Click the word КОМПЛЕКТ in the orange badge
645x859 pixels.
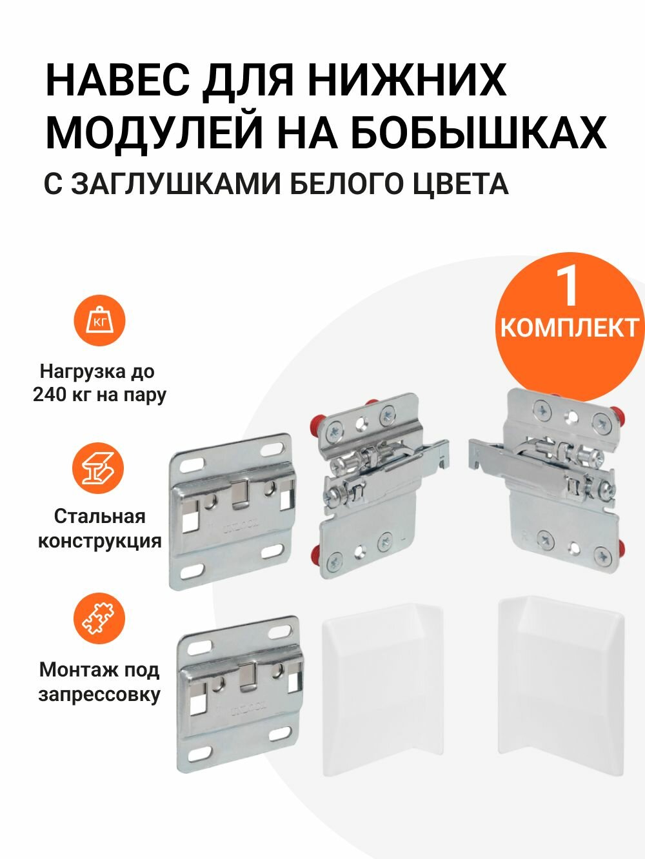(569, 328)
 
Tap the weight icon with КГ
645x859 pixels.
(99, 321)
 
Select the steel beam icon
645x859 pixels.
(99, 469)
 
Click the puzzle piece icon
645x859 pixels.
(99, 618)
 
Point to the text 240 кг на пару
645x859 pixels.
(99, 395)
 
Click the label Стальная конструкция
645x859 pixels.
(99, 528)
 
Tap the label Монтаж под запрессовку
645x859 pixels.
(99, 682)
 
